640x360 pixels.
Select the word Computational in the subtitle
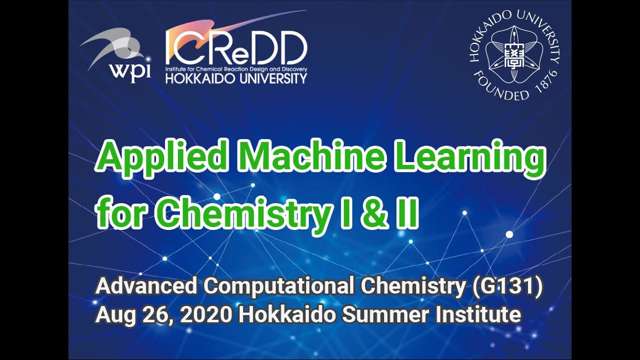279,287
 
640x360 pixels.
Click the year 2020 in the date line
207,315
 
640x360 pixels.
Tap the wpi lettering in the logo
130,71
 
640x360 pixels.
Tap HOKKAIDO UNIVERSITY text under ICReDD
236,78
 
